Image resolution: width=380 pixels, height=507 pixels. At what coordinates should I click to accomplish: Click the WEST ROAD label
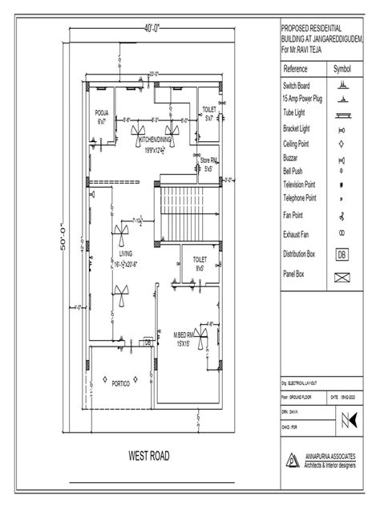coord(149,456)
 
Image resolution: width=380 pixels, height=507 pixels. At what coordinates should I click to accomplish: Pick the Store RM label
coord(208,165)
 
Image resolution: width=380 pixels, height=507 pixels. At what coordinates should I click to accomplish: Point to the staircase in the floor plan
coord(182,209)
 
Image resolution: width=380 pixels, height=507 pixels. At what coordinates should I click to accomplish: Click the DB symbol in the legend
coord(342,255)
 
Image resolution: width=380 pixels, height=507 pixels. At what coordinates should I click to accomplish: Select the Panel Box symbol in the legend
coord(342,278)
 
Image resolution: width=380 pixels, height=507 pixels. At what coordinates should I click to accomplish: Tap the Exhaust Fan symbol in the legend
coord(342,233)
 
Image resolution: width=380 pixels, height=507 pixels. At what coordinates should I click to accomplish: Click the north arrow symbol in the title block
coord(348,419)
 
